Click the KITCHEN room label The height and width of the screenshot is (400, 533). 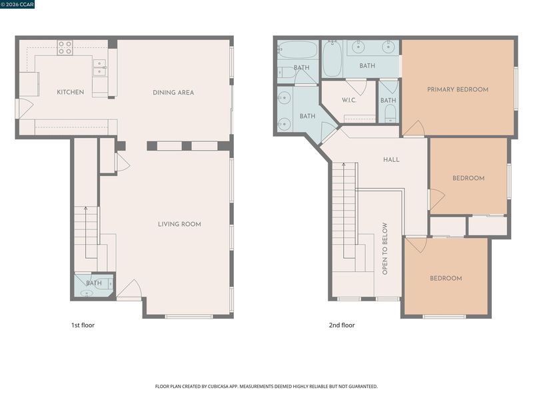(x=71, y=92)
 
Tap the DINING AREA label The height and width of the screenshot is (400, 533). (x=173, y=93)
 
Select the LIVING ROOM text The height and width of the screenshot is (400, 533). (x=179, y=224)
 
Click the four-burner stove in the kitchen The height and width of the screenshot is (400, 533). (x=65, y=47)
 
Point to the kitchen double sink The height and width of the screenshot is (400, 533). (x=99, y=68)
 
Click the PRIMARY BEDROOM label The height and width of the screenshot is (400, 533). (x=458, y=89)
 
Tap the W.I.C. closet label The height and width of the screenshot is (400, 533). (x=349, y=101)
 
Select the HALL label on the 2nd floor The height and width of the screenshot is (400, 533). (x=391, y=159)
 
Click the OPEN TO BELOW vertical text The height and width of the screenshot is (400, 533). (x=385, y=249)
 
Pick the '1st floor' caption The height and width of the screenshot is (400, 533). (x=83, y=325)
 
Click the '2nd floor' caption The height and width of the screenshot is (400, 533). (x=342, y=325)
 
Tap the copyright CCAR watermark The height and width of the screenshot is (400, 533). (x=17, y=5)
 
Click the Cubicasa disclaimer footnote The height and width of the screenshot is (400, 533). (x=266, y=387)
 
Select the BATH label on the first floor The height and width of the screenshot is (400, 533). (x=94, y=283)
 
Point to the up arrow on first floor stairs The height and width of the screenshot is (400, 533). (x=86, y=232)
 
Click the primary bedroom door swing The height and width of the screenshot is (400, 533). (x=414, y=128)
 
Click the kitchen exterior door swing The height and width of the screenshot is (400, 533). (x=25, y=109)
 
